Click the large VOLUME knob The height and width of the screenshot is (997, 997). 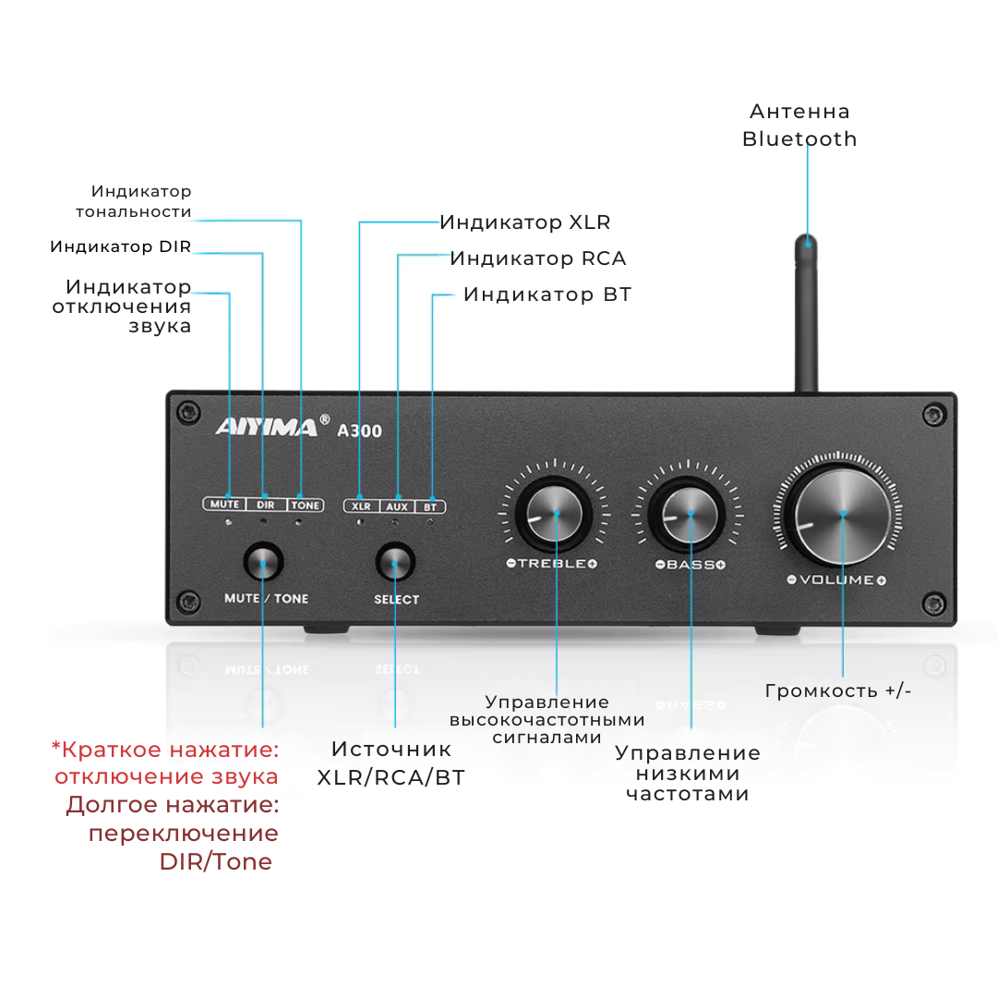click(843, 515)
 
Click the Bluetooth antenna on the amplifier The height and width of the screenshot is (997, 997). click(807, 314)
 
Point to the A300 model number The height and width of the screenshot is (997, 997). click(360, 430)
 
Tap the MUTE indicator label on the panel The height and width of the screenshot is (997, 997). click(225, 504)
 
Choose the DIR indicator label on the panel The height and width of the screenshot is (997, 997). click(265, 505)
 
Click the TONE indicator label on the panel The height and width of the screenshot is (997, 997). click(305, 505)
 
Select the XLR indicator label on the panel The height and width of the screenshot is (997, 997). click(361, 506)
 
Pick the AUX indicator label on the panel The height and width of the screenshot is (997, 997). click(396, 506)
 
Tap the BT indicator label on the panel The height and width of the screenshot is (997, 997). click(430, 506)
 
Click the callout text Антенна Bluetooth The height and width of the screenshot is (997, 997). click(799, 126)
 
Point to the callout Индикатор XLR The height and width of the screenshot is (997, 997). click(524, 222)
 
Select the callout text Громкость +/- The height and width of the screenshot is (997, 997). click(838, 691)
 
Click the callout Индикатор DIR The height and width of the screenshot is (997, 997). click(121, 246)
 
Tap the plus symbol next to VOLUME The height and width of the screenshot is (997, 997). click(881, 580)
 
